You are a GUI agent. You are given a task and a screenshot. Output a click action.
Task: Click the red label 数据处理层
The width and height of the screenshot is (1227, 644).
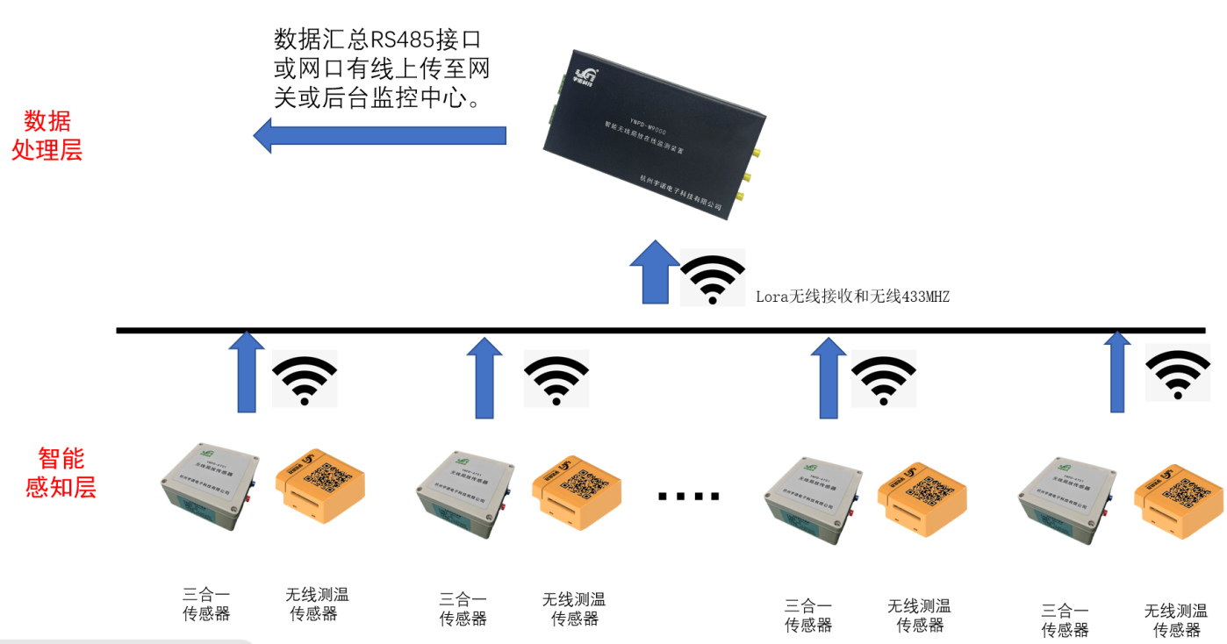47,136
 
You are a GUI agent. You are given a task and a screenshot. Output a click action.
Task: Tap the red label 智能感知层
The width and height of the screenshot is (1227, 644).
61,473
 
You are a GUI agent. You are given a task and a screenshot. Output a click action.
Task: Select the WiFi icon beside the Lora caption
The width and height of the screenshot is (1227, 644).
713,278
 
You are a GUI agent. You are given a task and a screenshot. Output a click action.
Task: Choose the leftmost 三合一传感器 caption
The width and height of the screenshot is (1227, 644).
206,604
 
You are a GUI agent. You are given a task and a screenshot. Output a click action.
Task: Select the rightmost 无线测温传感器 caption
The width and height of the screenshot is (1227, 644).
1176,620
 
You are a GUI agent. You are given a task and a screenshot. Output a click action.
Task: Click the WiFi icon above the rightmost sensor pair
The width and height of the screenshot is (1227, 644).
1177,373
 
